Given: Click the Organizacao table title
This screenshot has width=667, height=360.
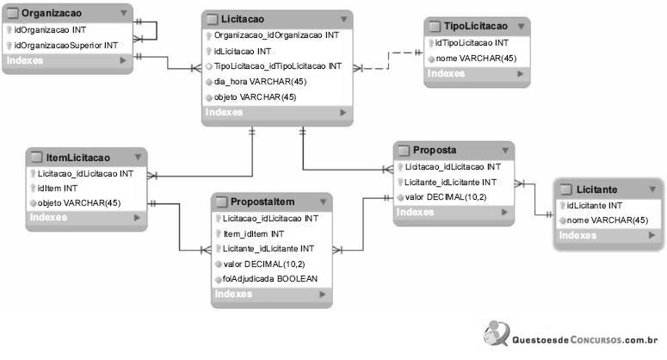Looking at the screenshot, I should click(x=51, y=14).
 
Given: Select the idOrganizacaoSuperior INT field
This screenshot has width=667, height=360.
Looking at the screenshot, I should click(x=66, y=45).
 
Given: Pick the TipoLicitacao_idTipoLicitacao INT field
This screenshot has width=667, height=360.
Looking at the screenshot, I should click(x=277, y=65).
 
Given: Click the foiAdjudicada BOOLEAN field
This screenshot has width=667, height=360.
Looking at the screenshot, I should click(x=269, y=279).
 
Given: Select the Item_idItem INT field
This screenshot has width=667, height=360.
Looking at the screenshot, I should click(x=253, y=233).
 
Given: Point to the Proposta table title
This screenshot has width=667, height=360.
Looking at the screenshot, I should click(x=435, y=150).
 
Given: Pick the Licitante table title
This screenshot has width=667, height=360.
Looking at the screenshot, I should click(x=597, y=189).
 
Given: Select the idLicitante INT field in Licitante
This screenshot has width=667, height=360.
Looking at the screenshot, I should click(x=594, y=205).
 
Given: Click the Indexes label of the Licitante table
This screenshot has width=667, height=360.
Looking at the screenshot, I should click(x=578, y=235).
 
